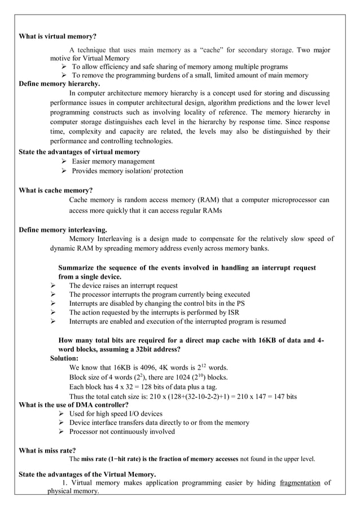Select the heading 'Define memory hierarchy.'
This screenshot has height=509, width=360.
[x=59, y=84]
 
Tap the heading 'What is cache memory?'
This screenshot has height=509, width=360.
[x=56, y=190]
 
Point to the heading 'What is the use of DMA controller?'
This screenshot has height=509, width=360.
[x=74, y=405]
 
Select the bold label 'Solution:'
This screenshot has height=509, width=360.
[x=64, y=358]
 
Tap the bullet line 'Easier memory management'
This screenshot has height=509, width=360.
[x=113, y=161]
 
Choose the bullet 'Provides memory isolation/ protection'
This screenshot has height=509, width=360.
[x=127, y=171]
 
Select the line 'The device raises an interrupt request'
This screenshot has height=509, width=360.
[x=123, y=286]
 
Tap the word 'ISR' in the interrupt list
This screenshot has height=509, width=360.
[x=234, y=313]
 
